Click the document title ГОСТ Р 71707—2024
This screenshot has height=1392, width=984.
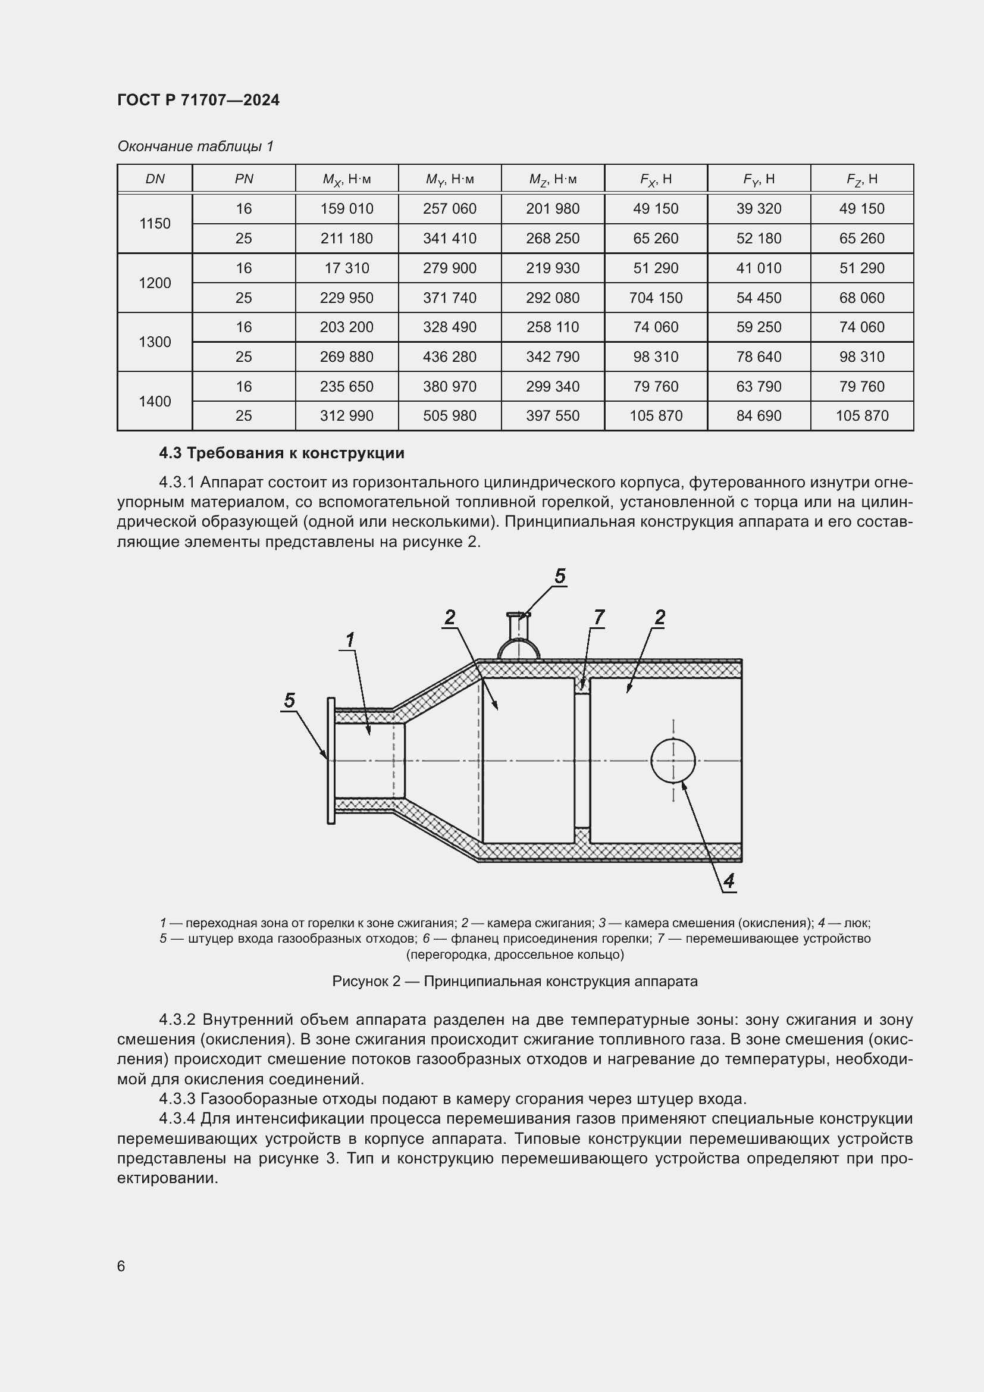[198, 100]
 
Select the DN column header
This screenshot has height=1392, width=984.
[155, 179]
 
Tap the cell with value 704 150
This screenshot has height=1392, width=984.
[656, 298]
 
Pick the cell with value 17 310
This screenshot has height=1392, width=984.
[347, 268]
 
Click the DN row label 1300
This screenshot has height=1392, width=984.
[155, 342]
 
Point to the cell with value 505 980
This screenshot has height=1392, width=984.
[450, 416]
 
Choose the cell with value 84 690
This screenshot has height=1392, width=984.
[759, 416]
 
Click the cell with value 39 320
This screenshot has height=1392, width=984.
[759, 208]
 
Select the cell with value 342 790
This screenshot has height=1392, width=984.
[553, 356]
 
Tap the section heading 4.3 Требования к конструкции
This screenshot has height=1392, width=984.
[281, 453]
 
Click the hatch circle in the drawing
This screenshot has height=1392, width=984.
[673, 761]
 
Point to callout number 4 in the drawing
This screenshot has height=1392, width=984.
[729, 880]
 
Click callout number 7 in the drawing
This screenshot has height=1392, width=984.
[598, 617]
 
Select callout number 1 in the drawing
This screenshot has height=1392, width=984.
[350, 640]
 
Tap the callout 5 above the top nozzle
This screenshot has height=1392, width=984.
[560, 576]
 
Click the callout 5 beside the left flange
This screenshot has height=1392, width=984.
[290, 700]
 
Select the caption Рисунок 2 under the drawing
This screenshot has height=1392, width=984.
[515, 981]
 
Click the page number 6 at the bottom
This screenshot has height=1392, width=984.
[121, 1266]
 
